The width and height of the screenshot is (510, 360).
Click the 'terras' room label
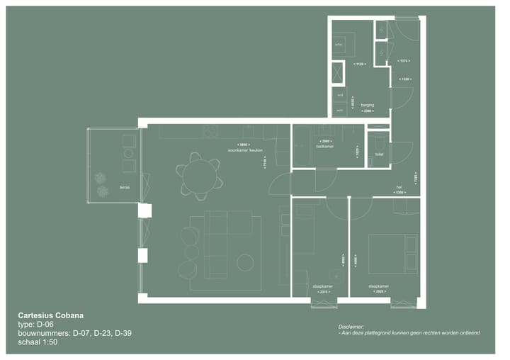click(125, 187)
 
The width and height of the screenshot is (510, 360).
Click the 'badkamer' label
click(325, 145)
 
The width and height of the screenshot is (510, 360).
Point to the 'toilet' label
click(378, 152)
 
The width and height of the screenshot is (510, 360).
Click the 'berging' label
click(367, 105)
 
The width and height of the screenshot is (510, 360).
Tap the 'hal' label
click(399, 187)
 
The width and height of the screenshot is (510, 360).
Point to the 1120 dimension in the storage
click(360, 64)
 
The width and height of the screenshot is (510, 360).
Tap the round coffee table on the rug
click(245, 263)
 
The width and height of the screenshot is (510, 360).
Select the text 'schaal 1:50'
click(38, 342)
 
